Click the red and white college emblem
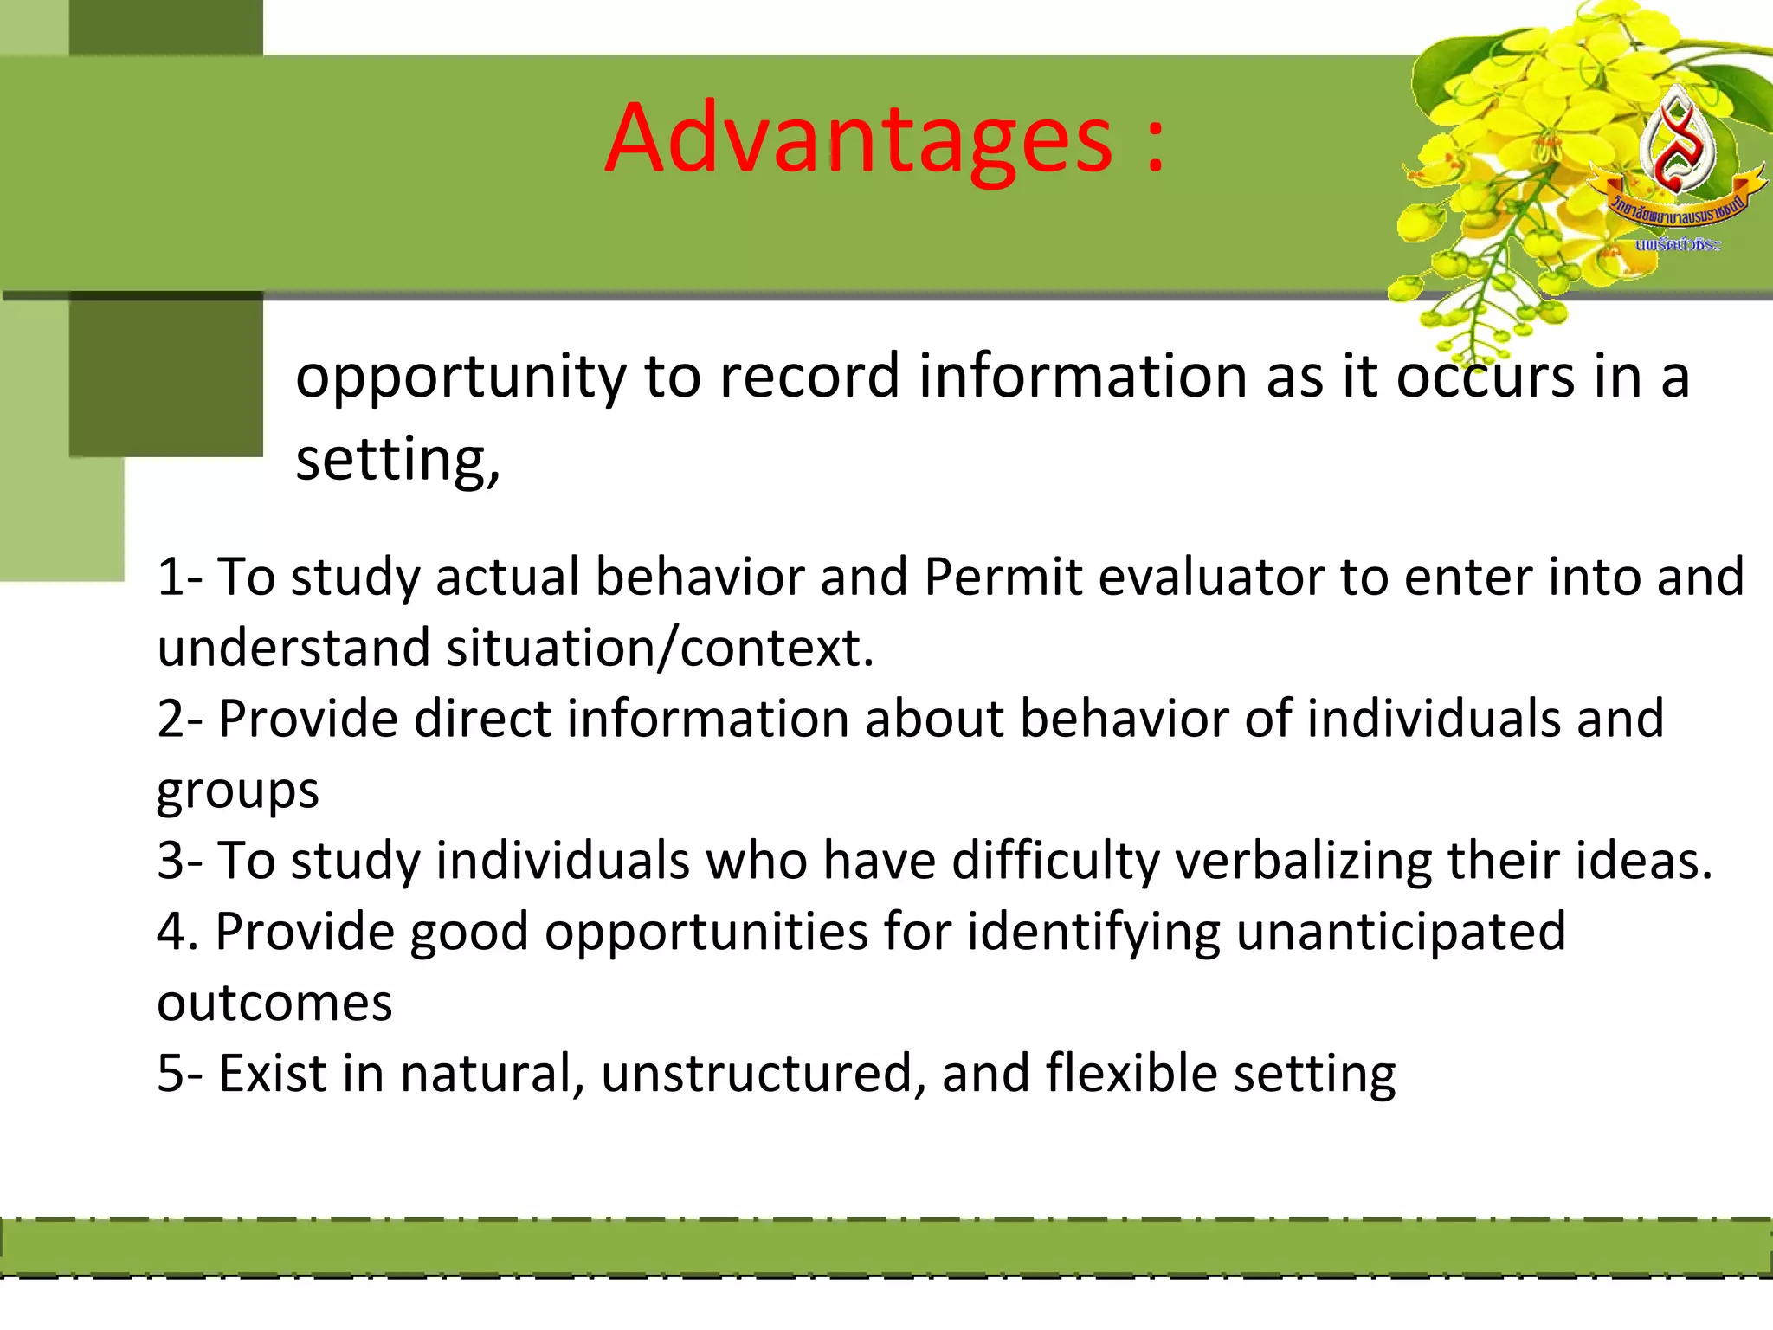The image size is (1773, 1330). (x=1676, y=143)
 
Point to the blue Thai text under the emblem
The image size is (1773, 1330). (x=1677, y=245)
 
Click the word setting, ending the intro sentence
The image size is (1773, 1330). (x=397, y=460)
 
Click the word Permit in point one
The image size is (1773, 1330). (x=1003, y=577)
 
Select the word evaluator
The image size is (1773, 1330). (x=1211, y=577)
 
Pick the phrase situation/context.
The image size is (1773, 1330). (x=660, y=649)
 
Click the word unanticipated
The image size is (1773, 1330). (x=1400, y=932)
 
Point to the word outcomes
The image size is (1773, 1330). (x=274, y=1004)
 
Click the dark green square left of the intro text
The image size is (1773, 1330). (x=165, y=375)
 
